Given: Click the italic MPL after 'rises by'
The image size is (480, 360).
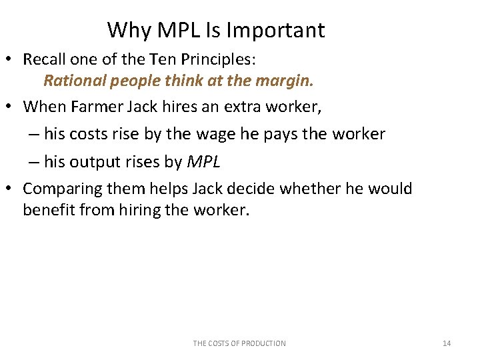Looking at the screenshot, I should tap(203, 161).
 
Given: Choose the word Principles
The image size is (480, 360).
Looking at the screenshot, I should tap(217, 59).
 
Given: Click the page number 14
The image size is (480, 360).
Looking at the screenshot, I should tap(447, 343).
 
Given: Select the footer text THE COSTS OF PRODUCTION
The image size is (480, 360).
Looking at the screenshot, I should tap(239, 343).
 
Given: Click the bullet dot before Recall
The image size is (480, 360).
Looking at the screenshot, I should tap(13, 59).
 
